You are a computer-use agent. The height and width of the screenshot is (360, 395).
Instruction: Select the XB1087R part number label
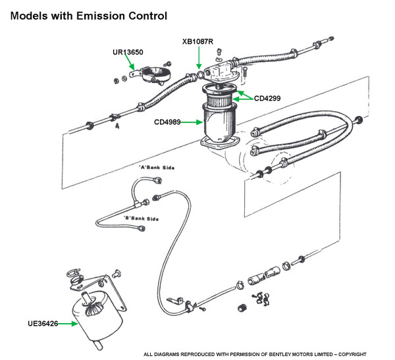pos(199,41)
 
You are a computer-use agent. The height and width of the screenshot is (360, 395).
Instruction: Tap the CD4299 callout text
pos(267,99)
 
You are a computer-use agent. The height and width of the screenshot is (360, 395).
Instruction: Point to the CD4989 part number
pos(169,122)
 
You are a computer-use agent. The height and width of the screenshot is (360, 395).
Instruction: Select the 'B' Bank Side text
pos(141,219)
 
